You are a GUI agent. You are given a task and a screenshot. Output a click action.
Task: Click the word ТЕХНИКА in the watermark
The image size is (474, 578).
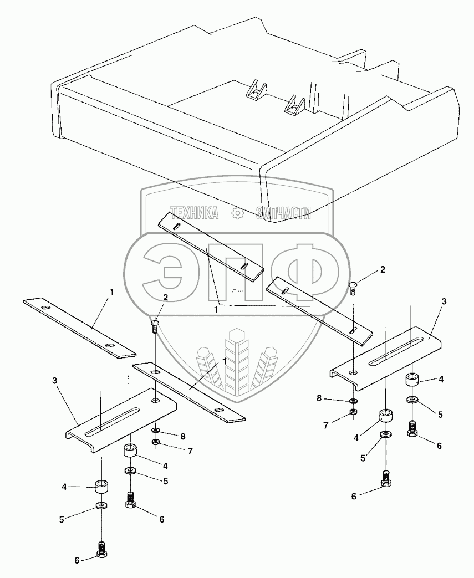[x=194, y=213]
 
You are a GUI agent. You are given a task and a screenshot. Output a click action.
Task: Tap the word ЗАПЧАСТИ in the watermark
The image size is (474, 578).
[x=283, y=213]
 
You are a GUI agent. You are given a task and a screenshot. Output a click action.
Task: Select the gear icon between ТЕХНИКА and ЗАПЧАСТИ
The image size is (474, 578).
[x=237, y=213]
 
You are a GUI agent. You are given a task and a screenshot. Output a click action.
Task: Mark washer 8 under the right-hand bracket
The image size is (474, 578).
[x=353, y=400]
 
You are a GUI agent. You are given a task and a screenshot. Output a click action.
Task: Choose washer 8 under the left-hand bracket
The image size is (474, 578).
[x=156, y=430]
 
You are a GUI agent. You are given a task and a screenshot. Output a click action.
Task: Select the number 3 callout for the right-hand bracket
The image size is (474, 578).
[x=444, y=300]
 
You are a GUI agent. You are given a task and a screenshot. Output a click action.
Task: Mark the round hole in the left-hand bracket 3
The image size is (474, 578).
[x=156, y=400]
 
